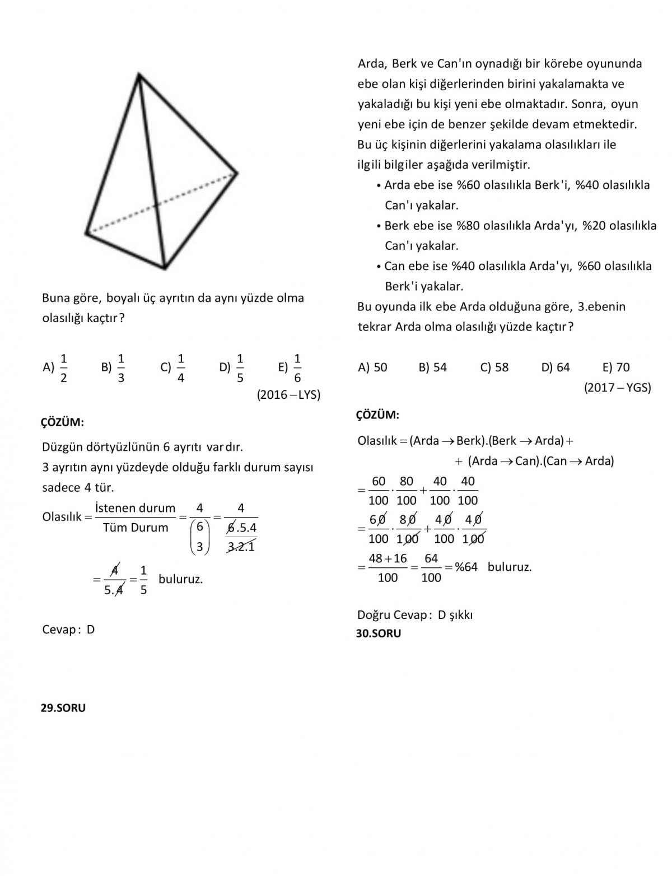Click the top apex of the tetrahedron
click(x=138, y=74)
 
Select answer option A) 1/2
click(x=56, y=368)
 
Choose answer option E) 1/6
click(x=290, y=368)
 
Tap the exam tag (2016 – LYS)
click(x=288, y=395)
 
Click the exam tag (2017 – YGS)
click(x=617, y=388)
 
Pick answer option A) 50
click(x=372, y=367)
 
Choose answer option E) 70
click(x=616, y=367)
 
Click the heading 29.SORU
click(x=63, y=708)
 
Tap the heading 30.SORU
click(x=379, y=633)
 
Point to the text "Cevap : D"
click(x=68, y=630)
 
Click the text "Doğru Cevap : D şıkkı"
click(x=415, y=615)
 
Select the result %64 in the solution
click(x=466, y=567)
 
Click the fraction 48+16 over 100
click(x=388, y=567)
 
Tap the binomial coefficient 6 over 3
click(x=199, y=537)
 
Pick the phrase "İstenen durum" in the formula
click(x=135, y=508)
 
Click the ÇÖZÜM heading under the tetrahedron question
click(x=62, y=422)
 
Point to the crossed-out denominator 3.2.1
click(x=241, y=547)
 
